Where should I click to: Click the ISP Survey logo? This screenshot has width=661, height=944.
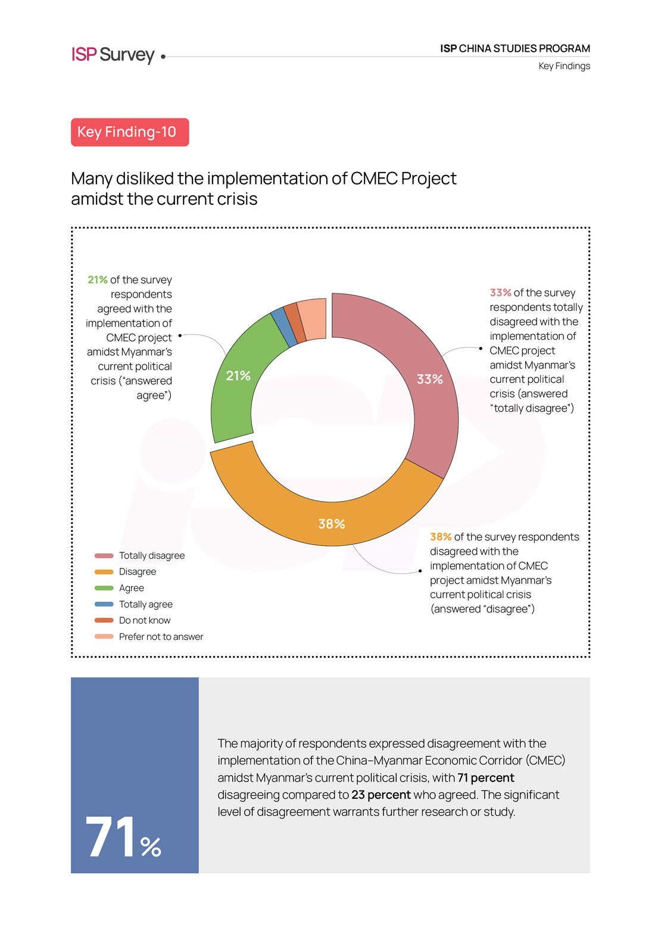click(113, 55)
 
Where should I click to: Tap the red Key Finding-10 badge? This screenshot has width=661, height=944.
click(130, 132)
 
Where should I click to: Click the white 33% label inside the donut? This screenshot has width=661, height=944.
click(429, 379)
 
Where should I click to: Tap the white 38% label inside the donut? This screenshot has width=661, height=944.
click(332, 524)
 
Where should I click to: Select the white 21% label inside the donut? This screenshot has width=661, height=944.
click(238, 376)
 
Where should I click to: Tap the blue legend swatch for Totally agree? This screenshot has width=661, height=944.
click(104, 604)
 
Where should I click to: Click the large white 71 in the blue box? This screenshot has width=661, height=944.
click(112, 837)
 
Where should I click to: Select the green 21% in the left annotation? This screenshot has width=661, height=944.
click(98, 280)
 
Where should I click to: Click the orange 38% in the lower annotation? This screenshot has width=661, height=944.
click(441, 537)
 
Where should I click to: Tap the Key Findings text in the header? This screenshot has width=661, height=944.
click(564, 66)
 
